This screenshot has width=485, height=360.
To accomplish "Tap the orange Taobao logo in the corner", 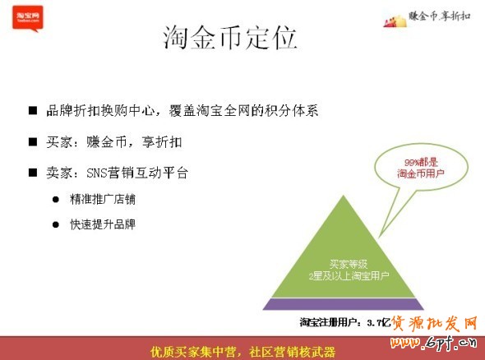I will (x=26, y=18).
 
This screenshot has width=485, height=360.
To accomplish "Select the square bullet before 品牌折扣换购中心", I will (x=33, y=110).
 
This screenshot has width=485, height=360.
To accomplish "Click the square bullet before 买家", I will (x=33, y=141).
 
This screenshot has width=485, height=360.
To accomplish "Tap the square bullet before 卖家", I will (x=33, y=173).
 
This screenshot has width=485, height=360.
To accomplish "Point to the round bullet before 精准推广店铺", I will (x=57, y=199).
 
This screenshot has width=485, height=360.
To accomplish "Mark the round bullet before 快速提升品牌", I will (x=57, y=224).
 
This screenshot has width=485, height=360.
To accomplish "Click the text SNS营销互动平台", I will (x=136, y=173).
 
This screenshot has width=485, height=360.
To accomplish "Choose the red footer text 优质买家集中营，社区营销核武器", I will (x=242, y=349).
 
